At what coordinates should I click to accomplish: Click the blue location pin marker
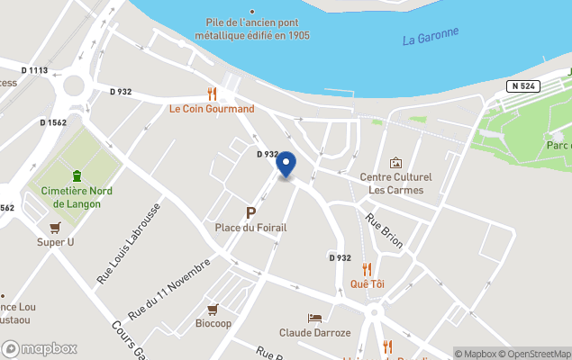286,165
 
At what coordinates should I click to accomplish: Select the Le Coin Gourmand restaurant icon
212,94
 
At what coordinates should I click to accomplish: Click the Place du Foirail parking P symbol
250,212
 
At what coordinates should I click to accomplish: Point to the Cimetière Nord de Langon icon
77,175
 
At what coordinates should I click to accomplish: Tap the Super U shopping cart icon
55,228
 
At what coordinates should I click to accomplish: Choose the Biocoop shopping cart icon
213,308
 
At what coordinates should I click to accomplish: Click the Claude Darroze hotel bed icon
314,319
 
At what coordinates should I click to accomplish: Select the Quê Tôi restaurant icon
367,269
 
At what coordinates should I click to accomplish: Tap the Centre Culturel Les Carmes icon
395,163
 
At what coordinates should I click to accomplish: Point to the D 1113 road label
35,70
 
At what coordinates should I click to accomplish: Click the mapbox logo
40,348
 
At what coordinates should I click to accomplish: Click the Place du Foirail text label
250,228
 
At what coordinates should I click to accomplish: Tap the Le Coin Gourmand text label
212,109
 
